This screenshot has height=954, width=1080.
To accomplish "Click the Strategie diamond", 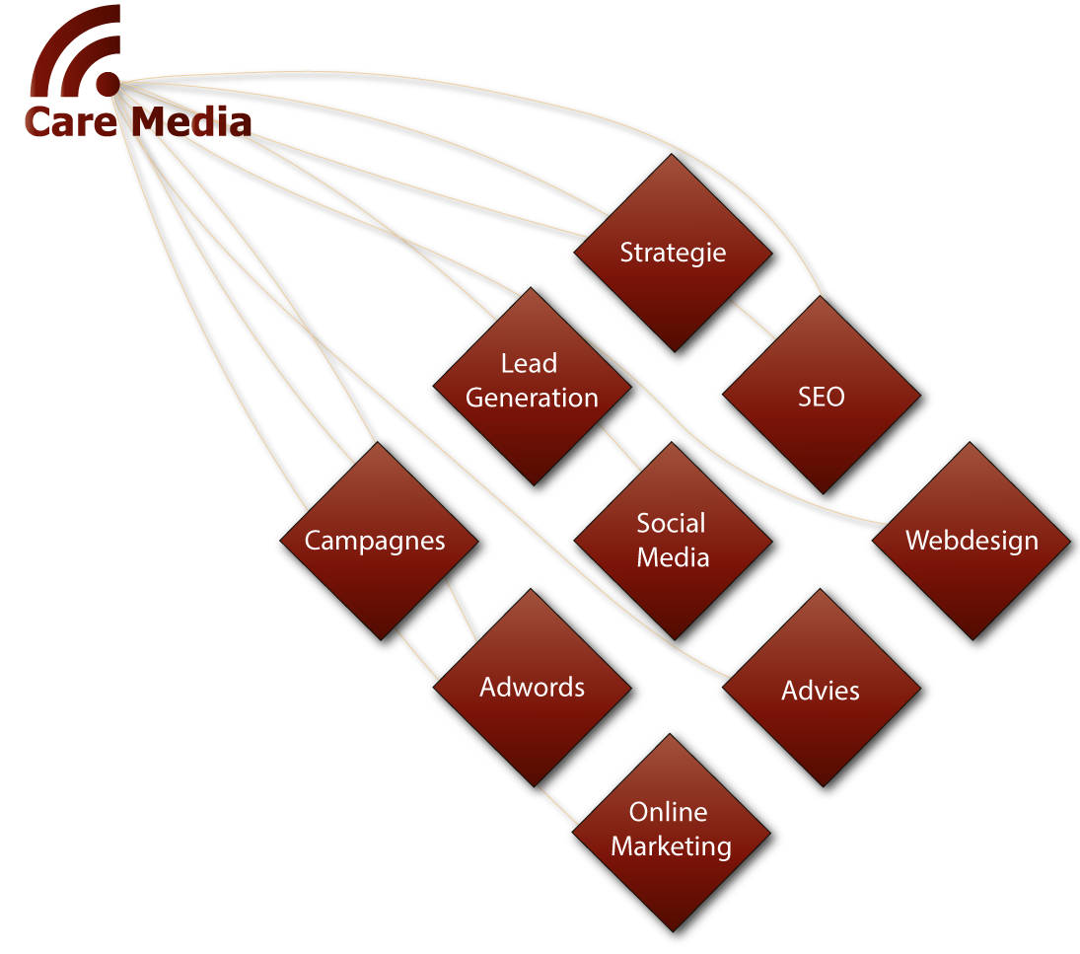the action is coord(673,253).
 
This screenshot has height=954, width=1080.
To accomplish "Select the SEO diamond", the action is coord(821,395).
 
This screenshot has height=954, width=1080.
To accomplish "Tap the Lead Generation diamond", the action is coord(532,387).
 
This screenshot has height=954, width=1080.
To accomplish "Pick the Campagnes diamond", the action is coord(378,541).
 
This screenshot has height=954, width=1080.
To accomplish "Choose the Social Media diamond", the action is coord(673,541).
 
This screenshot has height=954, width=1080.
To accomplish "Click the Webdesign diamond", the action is coord(972,541).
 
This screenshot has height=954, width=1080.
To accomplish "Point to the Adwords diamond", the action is coord(532,688).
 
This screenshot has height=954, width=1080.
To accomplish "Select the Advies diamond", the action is coord(821,688).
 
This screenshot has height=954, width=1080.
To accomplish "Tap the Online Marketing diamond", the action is coord(671,833).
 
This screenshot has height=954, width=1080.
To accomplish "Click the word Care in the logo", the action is coord(71,122).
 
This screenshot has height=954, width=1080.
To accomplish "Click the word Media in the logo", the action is coord(191,122).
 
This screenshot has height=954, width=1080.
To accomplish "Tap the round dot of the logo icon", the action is coord(108,84).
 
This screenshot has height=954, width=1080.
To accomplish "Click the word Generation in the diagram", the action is coord(532,399).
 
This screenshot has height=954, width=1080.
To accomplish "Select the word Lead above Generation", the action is coord(529,363).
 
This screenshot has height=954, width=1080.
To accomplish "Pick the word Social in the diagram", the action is coord(671,523).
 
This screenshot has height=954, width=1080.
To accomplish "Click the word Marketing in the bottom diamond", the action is coord(671,846).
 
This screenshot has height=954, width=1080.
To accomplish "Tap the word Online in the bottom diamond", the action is coord(668,812).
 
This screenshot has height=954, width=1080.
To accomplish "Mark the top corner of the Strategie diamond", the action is coord(673,154).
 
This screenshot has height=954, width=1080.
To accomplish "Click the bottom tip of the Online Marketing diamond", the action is coord(672,932).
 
